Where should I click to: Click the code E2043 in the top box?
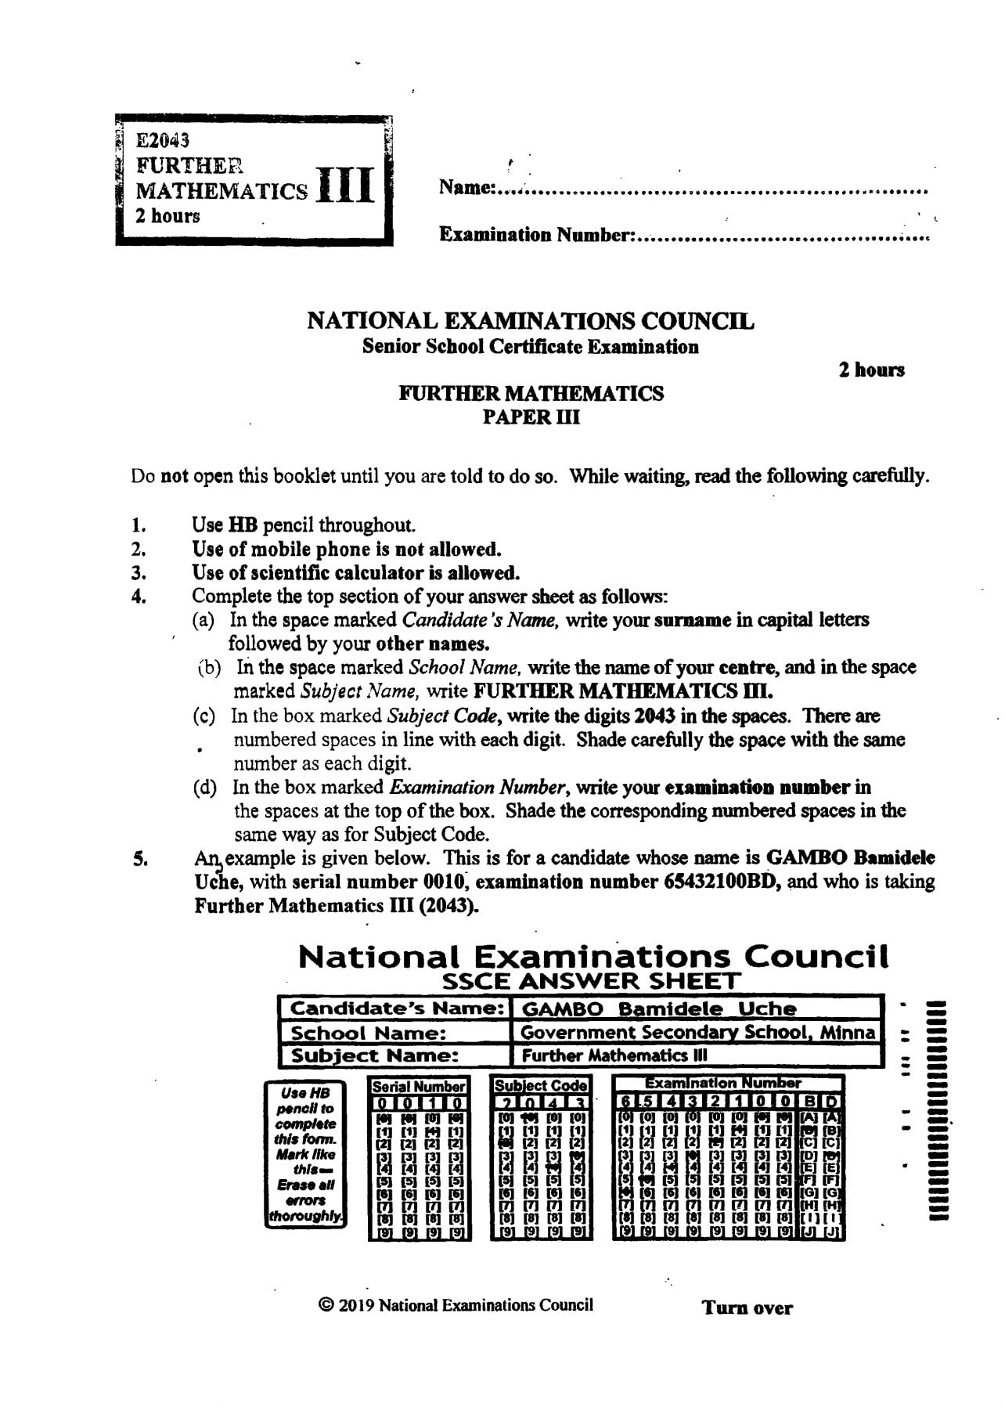[163, 141]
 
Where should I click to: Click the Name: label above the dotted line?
[466, 188]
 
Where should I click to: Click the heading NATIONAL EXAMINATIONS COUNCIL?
[530, 321]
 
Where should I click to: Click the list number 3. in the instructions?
[139, 572]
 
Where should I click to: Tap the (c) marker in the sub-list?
[204, 716]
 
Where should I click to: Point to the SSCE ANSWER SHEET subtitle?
[591, 981]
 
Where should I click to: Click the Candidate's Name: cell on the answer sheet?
[396, 1008]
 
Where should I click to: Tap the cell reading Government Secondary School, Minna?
[697, 1033]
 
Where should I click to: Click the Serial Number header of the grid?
[419, 1087]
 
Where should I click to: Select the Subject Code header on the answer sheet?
[541, 1087]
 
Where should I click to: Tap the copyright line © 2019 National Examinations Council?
[456, 1304]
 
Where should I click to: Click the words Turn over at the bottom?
[747, 1308]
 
